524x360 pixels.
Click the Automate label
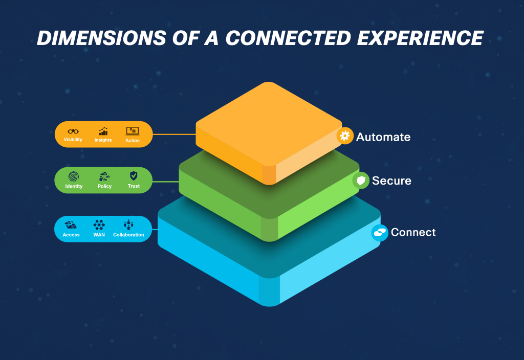tap(383, 137)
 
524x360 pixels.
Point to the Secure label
tap(391, 181)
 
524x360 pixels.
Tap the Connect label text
tap(413, 232)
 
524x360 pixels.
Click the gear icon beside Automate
tap(345, 136)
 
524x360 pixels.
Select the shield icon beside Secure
tap(361, 180)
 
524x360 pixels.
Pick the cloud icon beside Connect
tap(380, 233)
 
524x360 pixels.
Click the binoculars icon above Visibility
tap(73, 131)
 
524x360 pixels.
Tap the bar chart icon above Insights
tap(103, 131)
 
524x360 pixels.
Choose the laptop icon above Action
tap(132, 131)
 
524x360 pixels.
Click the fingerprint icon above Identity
tap(74, 176)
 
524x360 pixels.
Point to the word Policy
tap(104, 186)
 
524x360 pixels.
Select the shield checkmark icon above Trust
tap(134, 176)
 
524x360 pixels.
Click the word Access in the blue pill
tap(71, 235)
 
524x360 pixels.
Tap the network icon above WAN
tap(99, 224)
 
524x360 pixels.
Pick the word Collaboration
tap(128, 235)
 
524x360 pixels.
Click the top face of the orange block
tap(269, 123)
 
